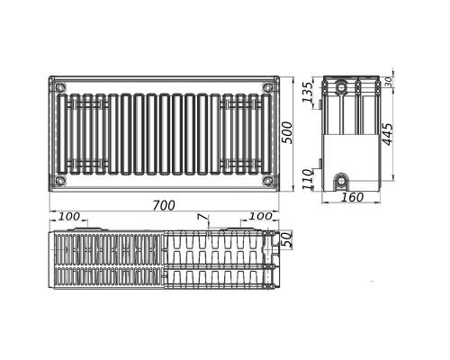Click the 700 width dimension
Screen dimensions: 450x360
pos(164,206)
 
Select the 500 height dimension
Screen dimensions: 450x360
pos(287,132)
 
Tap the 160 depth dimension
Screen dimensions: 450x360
pos(353,197)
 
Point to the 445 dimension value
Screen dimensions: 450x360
pos(388,134)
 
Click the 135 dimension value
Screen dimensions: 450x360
pos(307,92)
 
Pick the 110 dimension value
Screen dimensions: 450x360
pos(307,179)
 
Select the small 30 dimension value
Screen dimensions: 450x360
pos(388,82)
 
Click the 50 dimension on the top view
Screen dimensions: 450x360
pos(287,239)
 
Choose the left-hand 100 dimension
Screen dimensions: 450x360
pos(69,216)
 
